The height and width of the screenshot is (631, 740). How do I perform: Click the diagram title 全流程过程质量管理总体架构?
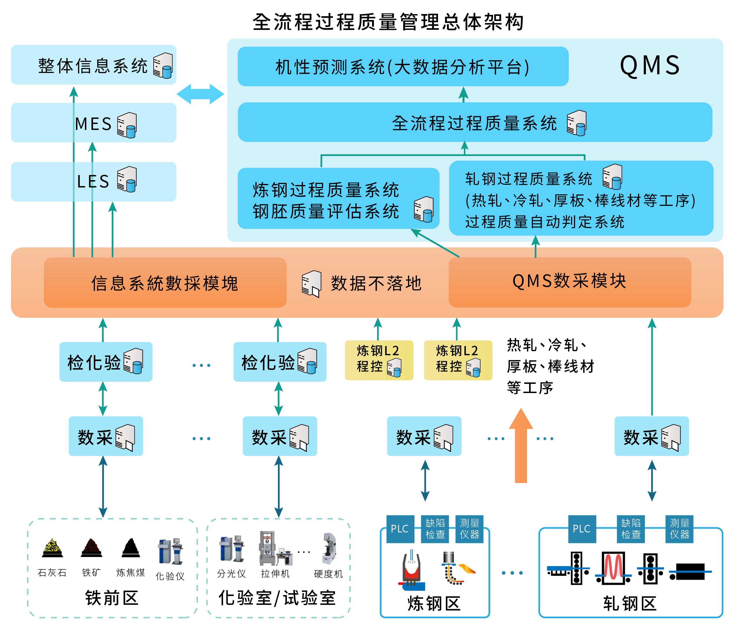tap(388, 22)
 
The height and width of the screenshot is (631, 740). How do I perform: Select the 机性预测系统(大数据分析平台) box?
tap(403, 66)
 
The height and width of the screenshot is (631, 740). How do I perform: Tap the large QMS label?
tap(650, 66)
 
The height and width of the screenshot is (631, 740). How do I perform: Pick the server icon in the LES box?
tap(127, 179)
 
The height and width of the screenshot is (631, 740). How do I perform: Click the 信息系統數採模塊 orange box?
tap(165, 283)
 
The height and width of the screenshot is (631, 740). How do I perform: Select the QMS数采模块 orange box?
tap(570, 282)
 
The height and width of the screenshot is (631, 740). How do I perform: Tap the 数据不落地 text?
tap(376, 283)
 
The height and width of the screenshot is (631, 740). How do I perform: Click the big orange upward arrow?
tap(521, 445)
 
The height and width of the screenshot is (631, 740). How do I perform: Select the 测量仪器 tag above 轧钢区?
tap(679, 529)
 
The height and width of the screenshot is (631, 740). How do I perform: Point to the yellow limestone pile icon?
tap(53, 548)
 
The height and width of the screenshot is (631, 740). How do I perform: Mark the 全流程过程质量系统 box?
tap(475, 122)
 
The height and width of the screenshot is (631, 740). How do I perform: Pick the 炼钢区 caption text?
tap(434, 603)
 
